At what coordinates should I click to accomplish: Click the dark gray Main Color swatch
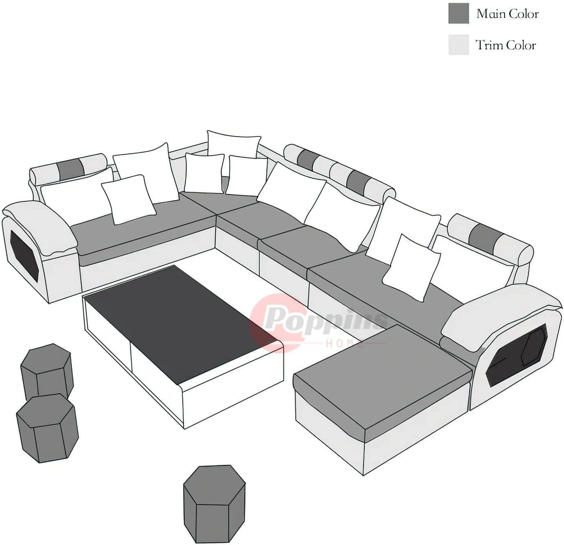459,13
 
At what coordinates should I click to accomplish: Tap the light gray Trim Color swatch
459,45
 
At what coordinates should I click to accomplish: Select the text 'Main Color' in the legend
508,13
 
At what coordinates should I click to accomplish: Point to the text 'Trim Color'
506,45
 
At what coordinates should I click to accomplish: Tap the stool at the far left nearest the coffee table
47,374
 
